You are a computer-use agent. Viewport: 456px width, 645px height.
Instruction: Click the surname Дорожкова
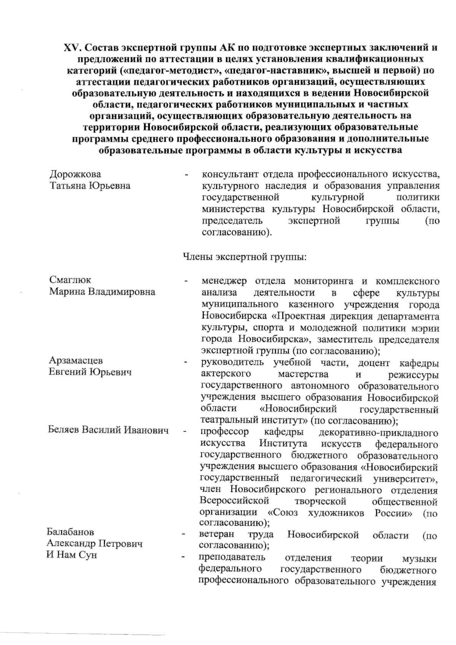[75, 174]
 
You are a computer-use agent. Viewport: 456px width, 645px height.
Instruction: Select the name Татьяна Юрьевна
[90, 186]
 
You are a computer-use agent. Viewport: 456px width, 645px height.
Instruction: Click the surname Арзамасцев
[76, 360]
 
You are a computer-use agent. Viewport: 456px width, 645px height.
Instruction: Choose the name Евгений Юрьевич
[90, 372]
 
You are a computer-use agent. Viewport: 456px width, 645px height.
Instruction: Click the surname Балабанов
[71, 531]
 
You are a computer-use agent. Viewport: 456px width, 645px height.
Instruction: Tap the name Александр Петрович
[95, 543]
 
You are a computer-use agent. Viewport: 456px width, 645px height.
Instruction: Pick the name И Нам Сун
[72, 555]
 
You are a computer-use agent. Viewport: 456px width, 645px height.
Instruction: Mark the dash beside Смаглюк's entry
[186, 281]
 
